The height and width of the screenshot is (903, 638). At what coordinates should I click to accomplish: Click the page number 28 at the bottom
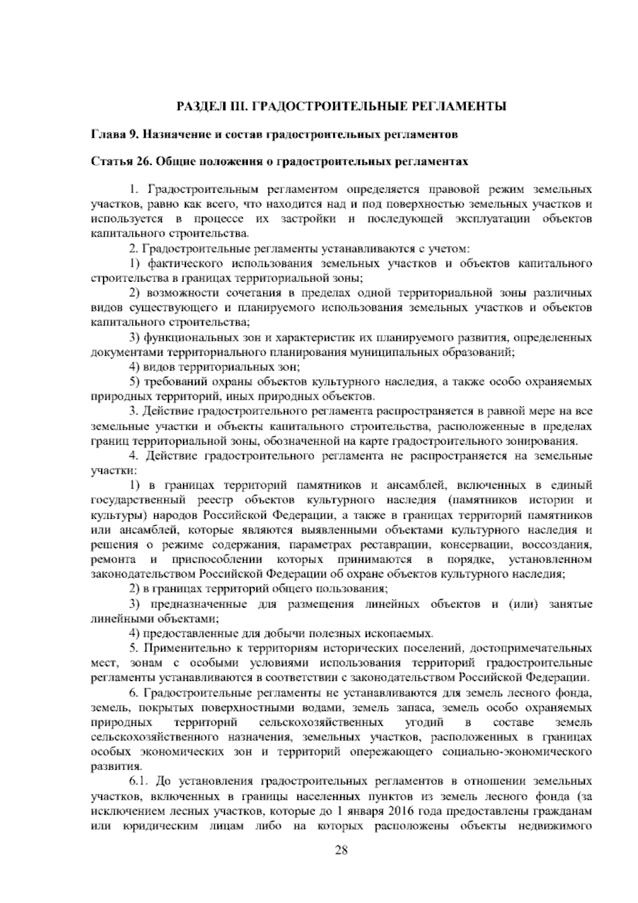pos(341,864)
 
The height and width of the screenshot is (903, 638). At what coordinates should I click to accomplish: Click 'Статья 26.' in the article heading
pos(119,161)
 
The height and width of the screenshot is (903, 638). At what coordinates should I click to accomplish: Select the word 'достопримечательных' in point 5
pos(539,648)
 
